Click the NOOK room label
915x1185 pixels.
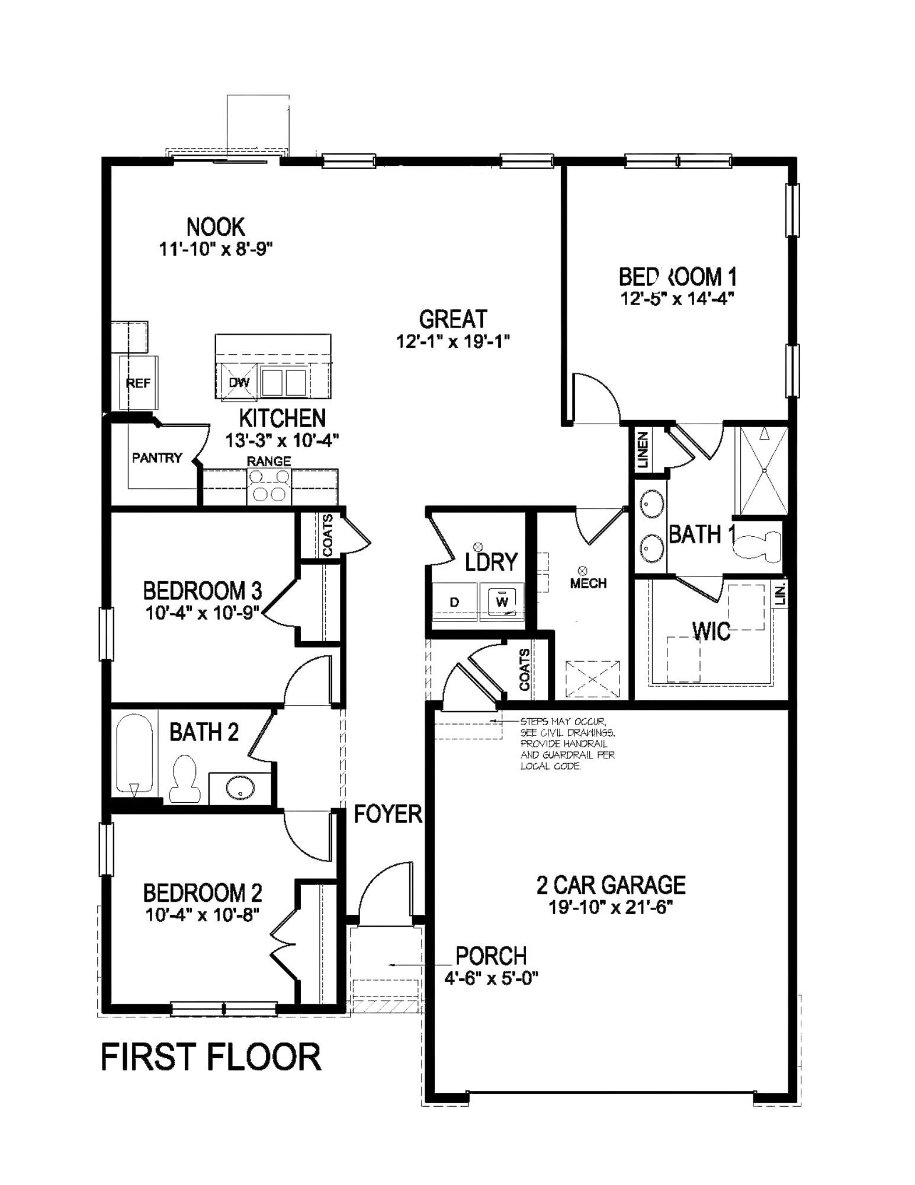coord(215,227)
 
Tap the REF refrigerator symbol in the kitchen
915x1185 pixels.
coord(138,383)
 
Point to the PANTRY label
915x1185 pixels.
coord(156,457)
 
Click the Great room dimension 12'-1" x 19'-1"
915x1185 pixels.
coord(452,342)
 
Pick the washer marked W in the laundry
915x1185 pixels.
coord(502,602)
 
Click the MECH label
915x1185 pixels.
coord(587,583)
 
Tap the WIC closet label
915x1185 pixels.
coord(711,632)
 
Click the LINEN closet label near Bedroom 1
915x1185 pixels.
coord(644,449)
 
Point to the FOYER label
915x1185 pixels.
coord(387,814)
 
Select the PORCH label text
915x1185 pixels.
coord(490,955)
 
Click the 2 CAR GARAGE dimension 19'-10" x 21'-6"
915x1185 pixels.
coord(611,908)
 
